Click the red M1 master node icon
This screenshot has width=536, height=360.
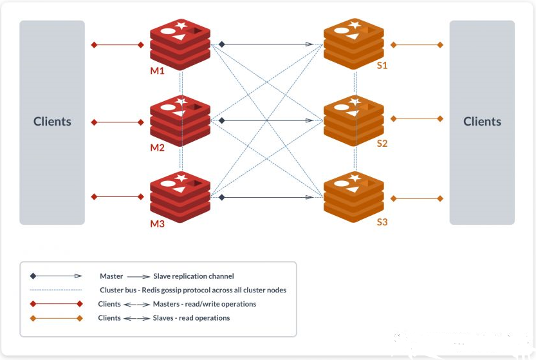pyautogui.click(x=180, y=44)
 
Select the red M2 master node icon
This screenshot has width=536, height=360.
pyautogui.click(x=180, y=120)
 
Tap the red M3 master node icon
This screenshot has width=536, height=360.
pyautogui.click(x=180, y=196)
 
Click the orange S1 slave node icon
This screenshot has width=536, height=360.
pyautogui.click(x=353, y=44)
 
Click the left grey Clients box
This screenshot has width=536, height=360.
pyautogui.click(x=52, y=122)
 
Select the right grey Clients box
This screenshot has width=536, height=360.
pyautogui.click(x=482, y=122)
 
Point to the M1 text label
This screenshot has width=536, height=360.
pyautogui.click(x=158, y=71)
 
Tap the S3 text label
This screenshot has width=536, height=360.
pyautogui.click(x=382, y=222)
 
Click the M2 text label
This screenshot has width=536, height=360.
pyautogui.click(x=158, y=147)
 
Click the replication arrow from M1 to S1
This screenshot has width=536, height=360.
pyautogui.click(x=266, y=44)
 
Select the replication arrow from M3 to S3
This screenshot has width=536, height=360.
pyautogui.click(x=266, y=197)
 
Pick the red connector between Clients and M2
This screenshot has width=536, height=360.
pyautogui.click(x=118, y=122)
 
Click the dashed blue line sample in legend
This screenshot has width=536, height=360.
pyautogui.click(x=56, y=290)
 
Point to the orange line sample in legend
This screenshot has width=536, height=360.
pyautogui.click(x=56, y=318)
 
